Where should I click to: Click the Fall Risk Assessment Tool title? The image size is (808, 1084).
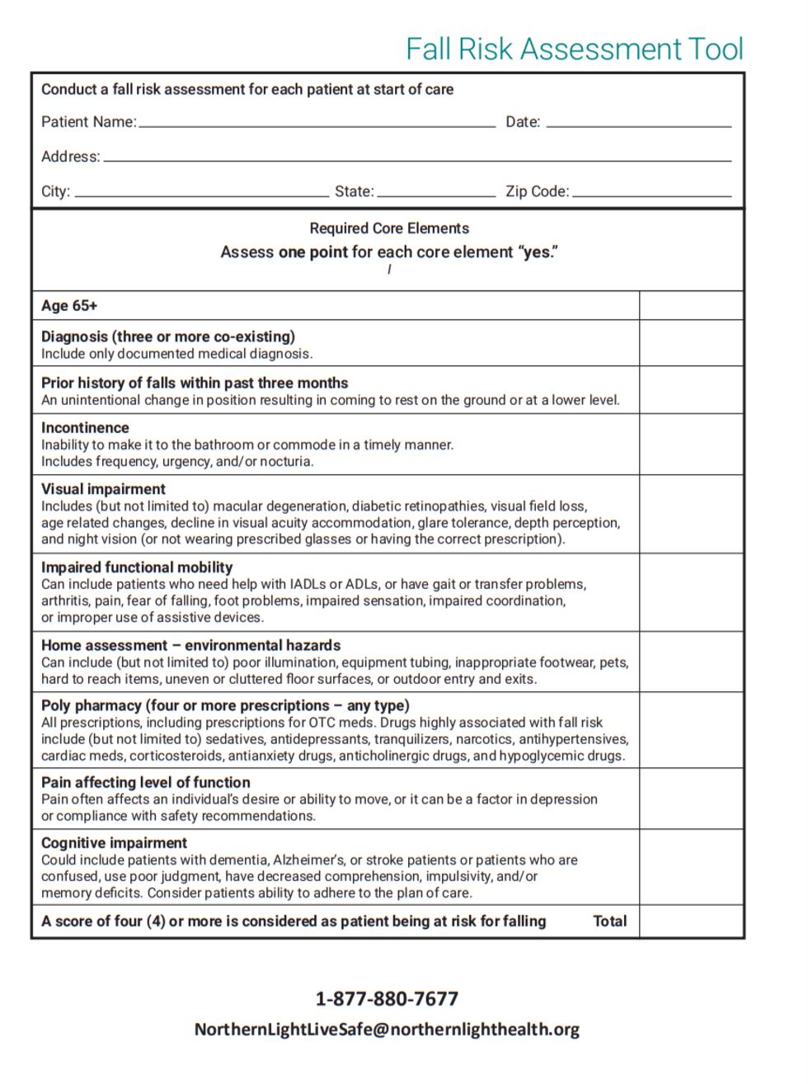[x=574, y=49]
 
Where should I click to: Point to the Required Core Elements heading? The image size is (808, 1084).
[x=389, y=229]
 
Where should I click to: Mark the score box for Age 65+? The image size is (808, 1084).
[x=691, y=305]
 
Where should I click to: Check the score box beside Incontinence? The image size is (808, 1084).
[x=691, y=444]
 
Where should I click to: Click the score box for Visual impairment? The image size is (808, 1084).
[x=691, y=513]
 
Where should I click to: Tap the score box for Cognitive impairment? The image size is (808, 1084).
[x=691, y=867]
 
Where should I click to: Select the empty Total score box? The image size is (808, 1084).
[x=691, y=921]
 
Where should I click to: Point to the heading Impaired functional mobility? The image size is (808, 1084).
[x=137, y=568]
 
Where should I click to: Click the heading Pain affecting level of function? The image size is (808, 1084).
[x=146, y=782]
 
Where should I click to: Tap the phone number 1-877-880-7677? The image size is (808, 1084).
[x=387, y=999]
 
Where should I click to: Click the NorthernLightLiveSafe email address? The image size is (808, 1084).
[x=387, y=1030]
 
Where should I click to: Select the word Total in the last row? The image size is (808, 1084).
[x=610, y=921]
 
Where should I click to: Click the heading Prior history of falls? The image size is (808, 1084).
[x=195, y=383]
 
